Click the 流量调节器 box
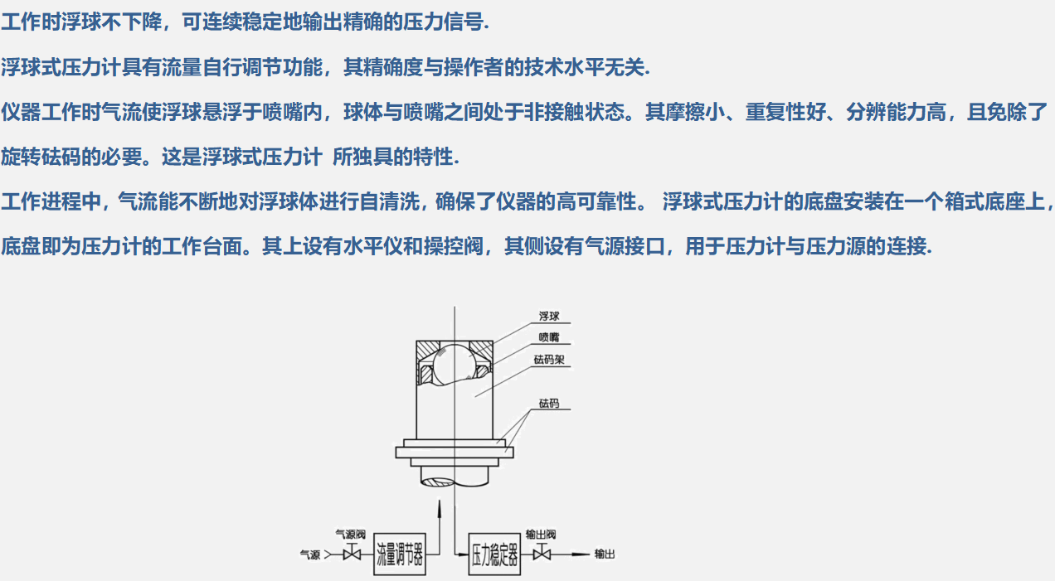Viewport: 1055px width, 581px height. coord(400,554)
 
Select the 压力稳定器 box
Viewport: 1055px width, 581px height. coord(494,554)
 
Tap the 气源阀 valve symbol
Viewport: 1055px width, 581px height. coord(352,554)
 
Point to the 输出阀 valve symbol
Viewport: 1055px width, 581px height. coord(542,554)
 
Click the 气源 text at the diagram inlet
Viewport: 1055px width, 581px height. coord(310,555)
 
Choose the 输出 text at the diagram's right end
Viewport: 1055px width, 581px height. coord(605,554)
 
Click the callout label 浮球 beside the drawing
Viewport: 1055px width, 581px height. coord(549,316)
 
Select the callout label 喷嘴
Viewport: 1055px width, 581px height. coord(549,337)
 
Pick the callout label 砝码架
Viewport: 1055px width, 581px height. coord(549,359)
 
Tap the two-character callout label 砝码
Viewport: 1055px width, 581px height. coord(549,403)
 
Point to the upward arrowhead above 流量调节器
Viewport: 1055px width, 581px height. coord(440,509)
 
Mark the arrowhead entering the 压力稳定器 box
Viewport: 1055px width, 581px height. coord(463,554)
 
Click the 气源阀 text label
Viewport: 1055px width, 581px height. coord(350,535)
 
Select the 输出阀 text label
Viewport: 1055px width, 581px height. coord(541,535)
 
